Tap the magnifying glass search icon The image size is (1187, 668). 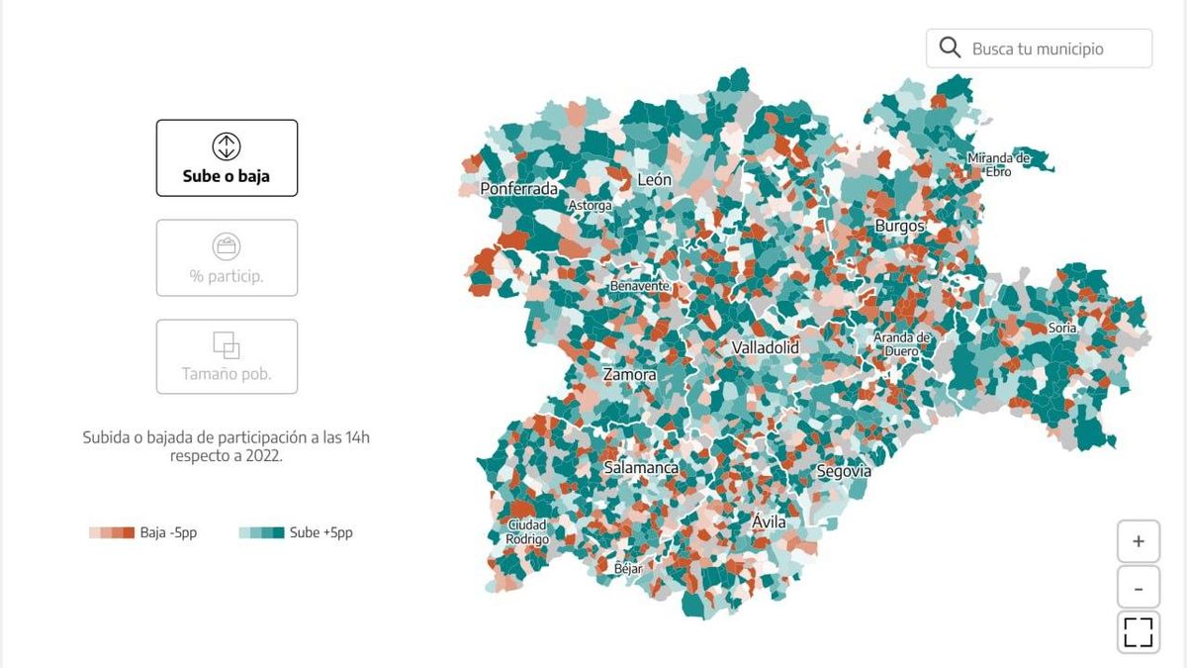[x=950, y=48]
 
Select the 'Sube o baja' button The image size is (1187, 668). [x=227, y=158]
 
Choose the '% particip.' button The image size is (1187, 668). [x=227, y=257]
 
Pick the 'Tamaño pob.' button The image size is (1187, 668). [x=227, y=356]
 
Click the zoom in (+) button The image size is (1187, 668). [x=1139, y=541]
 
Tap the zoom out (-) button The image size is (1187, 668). [x=1139, y=588]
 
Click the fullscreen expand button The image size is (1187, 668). [x=1139, y=632]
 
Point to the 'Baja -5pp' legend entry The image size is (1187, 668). [x=143, y=532]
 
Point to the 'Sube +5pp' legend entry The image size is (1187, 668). [x=296, y=532]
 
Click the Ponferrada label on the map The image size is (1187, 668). [x=519, y=189]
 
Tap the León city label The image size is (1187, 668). [x=654, y=180]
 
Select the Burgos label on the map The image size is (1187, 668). [x=899, y=227]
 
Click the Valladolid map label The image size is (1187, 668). [x=766, y=348]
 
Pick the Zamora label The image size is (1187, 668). [x=630, y=375]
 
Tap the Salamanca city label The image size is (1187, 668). [x=641, y=467]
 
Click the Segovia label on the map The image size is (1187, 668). [x=844, y=472]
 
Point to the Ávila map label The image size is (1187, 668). [x=769, y=522]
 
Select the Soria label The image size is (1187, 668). [x=1062, y=328]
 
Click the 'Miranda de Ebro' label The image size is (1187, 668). [x=998, y=164]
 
